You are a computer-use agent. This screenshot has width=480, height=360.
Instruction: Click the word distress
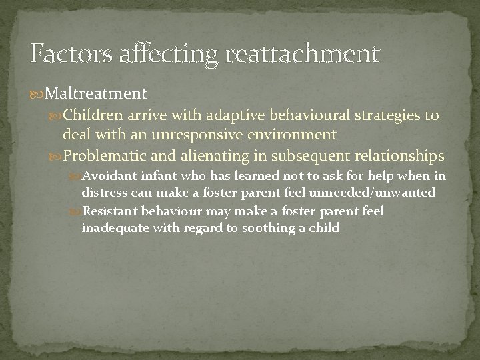101,193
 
